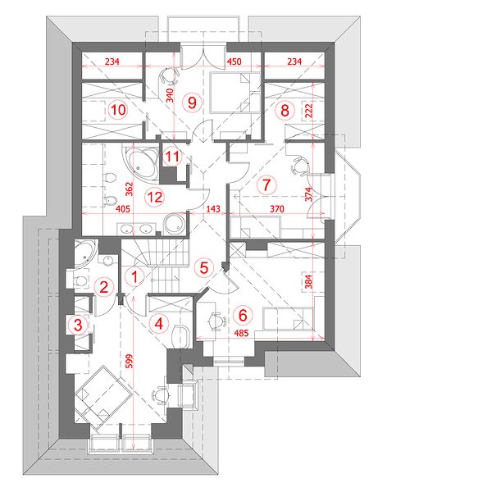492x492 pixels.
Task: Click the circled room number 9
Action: pyautogui.click(x=192, y=102)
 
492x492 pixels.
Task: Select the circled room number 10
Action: pyautogui.click(x=118, y=110)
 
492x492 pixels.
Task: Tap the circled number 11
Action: pyautogui.click(x=172, y=156)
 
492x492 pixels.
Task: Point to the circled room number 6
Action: pyautogui.click(x=243, y=315)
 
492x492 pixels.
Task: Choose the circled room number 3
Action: pyautogui.click(x=78, y=325)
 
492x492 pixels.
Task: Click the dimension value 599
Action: pyautogui.click(x=129, y=361)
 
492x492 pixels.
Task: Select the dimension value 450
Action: pyautogui.click(x=234, y=61)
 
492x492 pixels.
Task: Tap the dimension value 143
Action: pyautogui.click(x=213, y=208)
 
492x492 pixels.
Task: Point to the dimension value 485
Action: pyautogui.click(x=241, y=333)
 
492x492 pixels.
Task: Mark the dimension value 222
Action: pyautogui.click(x=309, y=111)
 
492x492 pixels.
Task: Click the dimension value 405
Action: pyautogui.click(x=123, y=208)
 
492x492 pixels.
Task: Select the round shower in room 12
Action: pyautogui.click(x=175, y=224)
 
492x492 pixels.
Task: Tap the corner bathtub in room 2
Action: pyautogui.click(x=84, y=253)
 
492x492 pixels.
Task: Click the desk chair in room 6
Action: pyautogui.click(x=216, y=321)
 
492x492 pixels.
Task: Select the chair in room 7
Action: pyautogui.click(x=300, y=166)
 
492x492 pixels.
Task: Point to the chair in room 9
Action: pyautogui.click(x=169, y=76)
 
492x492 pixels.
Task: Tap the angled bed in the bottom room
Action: pyautogui.click(x=102, y=394)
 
